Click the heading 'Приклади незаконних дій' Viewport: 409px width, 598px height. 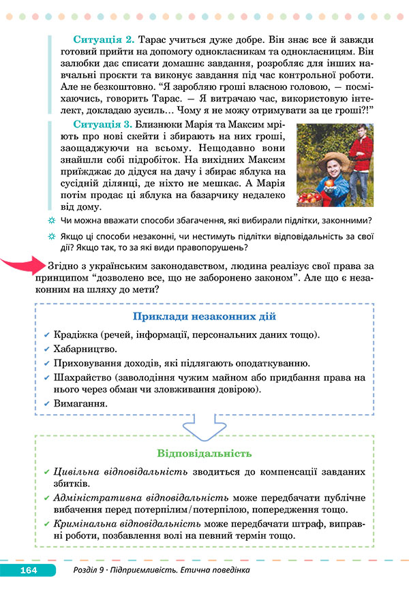204,317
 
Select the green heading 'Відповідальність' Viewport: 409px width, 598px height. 204,453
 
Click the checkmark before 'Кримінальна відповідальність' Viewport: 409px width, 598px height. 46,523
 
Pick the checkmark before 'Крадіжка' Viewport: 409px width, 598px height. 46,336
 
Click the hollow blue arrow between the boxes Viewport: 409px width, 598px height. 204,430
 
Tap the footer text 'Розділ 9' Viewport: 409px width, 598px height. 93,569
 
